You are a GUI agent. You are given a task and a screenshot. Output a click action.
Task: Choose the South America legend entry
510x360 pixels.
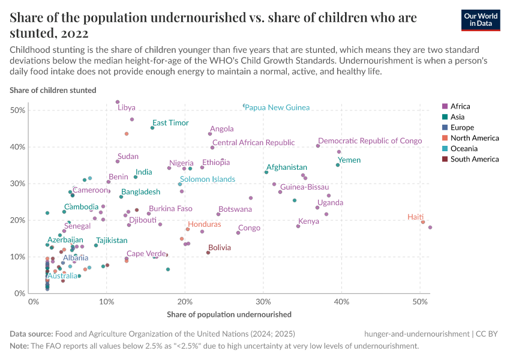pyautogui.click(x=474, y=159)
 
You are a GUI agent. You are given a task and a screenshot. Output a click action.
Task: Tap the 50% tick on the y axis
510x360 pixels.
pyautogui.click(x=17, y=110)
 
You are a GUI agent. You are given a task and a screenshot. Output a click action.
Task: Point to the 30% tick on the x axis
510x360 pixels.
pyautogui.click(x=263, y=301)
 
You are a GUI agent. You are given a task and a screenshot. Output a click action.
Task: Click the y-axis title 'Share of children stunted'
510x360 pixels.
pyautogui.click(x=53, y=90)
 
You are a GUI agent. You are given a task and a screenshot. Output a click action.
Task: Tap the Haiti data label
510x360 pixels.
pyautogui.click(x=415, y=217)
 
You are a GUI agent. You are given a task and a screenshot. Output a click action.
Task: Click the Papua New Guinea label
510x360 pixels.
pyautogui.click(x=277, y=107)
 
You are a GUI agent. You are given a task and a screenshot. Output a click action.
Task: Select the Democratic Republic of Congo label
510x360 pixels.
pyautogui.click(x=370, y=140)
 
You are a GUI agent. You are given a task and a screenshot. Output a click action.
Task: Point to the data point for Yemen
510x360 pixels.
pyautogui.click(x=338, y=165)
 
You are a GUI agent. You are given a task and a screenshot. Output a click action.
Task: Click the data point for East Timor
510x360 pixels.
pyautogui.click(x=152, y=128)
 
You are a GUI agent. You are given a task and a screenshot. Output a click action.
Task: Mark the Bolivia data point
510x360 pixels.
pyautogui.click(x=208, y=253)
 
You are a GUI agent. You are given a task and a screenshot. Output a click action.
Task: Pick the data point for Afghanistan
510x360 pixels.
pyautogui.click(x=266, y=172)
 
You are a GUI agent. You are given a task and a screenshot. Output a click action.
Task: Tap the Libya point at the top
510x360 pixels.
pyautogui.click(x=118, y=102)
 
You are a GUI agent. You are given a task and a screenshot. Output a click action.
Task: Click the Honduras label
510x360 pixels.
pyautogui.click(x=204, y=224)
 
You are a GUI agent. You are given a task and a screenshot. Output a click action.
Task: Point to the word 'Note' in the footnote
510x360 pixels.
pyautogui.click(x=19, y=346)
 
